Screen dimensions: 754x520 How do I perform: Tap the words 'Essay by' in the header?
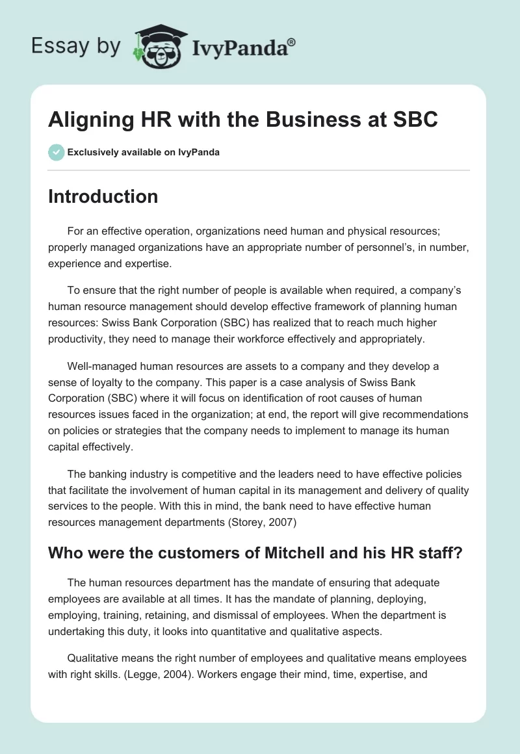coord(75,45)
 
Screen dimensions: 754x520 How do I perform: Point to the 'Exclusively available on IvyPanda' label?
coord(143,152)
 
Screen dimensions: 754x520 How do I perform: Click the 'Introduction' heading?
coord(103,196)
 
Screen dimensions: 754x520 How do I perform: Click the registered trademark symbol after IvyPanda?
coord(292,42)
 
